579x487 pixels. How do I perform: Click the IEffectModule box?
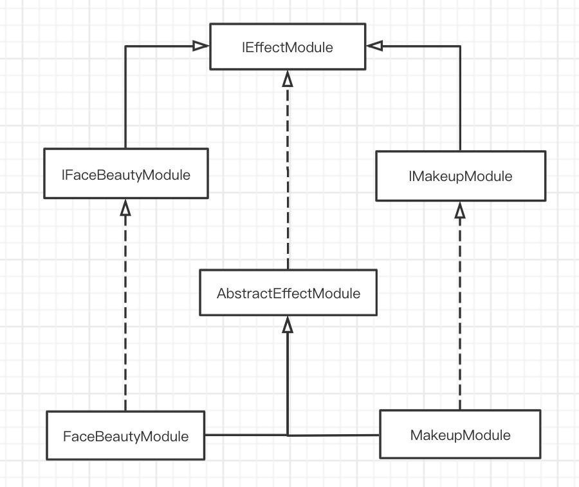[288, 46]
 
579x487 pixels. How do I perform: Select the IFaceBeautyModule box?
[125, 173]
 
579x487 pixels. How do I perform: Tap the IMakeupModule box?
[460, 176]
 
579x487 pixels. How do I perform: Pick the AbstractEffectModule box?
[288, 293]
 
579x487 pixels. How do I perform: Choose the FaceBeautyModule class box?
[125, 436]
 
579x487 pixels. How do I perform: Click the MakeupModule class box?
[460, 435]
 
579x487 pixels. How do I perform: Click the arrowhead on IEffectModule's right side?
[374, 46]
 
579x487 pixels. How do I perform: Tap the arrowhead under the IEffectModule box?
[288, 79]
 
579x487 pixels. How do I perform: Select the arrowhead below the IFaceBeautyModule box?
[125, 207]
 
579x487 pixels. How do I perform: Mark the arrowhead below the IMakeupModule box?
[460, 210]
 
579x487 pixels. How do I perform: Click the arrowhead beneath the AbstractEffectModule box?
[288, 325]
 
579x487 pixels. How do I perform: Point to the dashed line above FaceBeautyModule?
[125, 309]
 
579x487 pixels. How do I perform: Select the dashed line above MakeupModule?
[460, 309]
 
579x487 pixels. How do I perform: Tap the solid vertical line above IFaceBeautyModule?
[125, 97]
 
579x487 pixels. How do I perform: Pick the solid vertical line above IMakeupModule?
[460, 97]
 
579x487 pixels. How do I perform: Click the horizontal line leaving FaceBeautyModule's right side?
[244, 435]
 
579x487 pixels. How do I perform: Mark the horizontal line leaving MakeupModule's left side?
[335, 435]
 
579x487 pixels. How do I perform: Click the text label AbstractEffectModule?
[288, 294]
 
